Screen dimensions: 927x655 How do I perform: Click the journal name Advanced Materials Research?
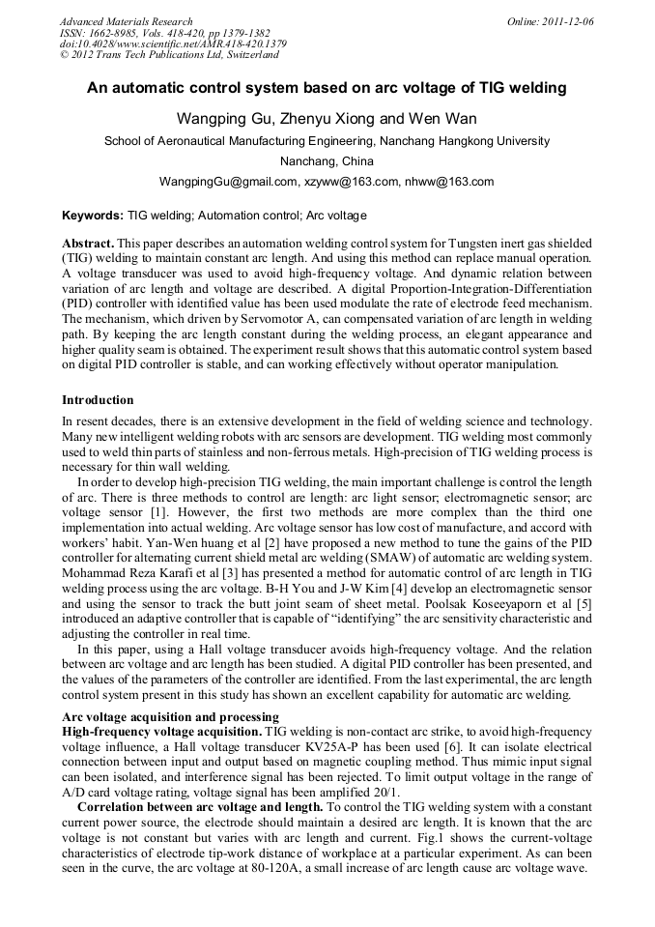coord(126,21)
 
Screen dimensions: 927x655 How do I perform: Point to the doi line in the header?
coord(173,43)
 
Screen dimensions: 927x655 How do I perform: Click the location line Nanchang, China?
coord(326,160)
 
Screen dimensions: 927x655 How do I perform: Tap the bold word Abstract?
coord(88,243)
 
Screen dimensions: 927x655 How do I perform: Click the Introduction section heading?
coord(98,399)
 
